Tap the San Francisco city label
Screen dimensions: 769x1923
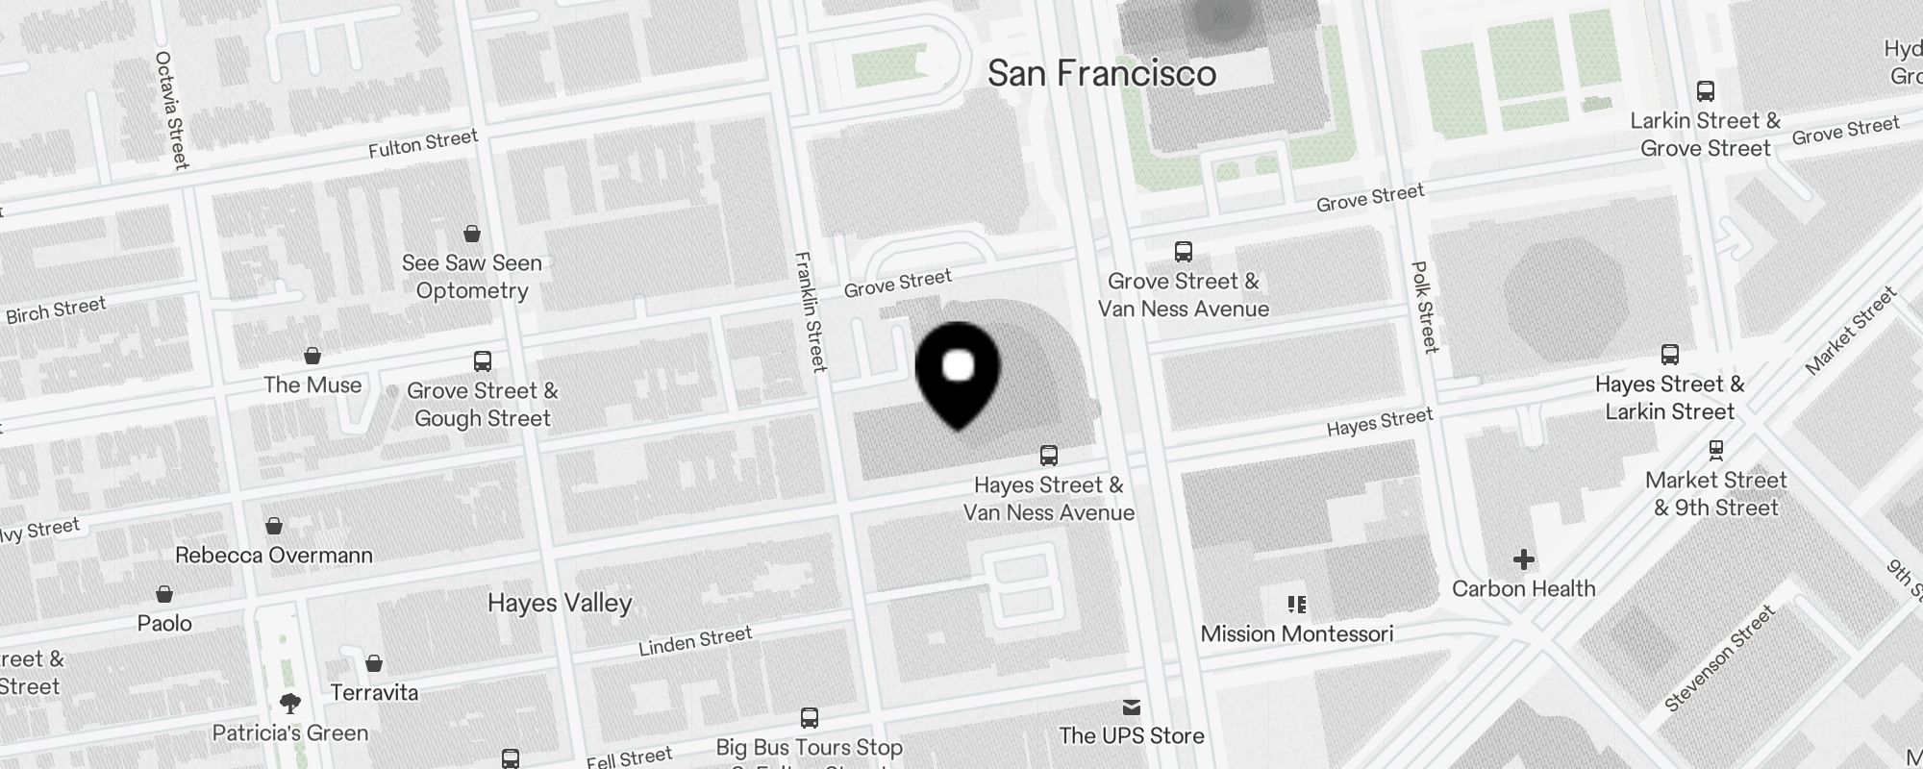click(1102, 74)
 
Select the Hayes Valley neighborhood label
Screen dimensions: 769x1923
click(560, 603)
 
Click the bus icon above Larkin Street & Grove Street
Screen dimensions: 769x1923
click(1706, 92)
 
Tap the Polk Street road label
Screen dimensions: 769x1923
click(1424, 307)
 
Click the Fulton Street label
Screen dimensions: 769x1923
click(423, 144)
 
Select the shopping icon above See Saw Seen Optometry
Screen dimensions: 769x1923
click(472, 234)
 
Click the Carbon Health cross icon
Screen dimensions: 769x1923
click(1524, 559)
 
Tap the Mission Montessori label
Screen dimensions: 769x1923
click(1296, 633)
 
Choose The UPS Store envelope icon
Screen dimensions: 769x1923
click(1132, 708)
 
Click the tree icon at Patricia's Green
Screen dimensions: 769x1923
click(290, 704)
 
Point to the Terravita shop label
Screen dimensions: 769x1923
click(374, 692)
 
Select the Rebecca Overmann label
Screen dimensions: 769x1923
click(274, 555)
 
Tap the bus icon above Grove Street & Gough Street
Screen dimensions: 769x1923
click(483, 361)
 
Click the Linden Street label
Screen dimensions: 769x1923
click(695, 641)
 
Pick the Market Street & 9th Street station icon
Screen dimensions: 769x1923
click(1716, 450)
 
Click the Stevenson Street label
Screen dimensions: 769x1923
click(1720, 659)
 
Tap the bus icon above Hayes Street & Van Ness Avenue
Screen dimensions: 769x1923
click(1049, 456)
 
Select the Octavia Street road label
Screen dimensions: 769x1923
click(172, 110)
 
